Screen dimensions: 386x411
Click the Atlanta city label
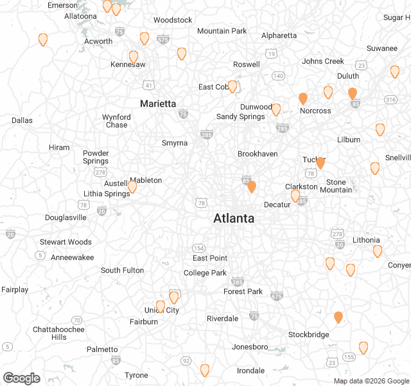coord(234,219)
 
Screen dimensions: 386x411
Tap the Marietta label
coord(158,104)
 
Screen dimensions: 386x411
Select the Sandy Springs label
coord(240,116)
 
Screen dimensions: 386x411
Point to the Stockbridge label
coord(308,335)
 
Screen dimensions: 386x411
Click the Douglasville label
coord(66,217)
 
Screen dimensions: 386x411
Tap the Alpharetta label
coord(279,35)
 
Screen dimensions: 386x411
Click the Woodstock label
coord(173,20)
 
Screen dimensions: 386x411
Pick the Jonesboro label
coord(250,347)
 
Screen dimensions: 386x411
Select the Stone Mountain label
coord(335,186)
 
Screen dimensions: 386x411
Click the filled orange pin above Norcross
coord(303,98)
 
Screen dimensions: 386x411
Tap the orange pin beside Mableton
coord(132,187)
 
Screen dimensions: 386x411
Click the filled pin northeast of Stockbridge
coord(338,317)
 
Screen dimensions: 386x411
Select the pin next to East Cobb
coord(232,86)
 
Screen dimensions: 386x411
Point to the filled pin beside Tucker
coord(320,162)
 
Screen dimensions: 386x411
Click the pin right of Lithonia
coord(378,251)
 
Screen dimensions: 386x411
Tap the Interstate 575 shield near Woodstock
coord(163,39)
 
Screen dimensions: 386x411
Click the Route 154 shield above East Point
coord(200,248)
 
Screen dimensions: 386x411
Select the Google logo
coord(21,378)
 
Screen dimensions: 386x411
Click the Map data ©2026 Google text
coord(371,381)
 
